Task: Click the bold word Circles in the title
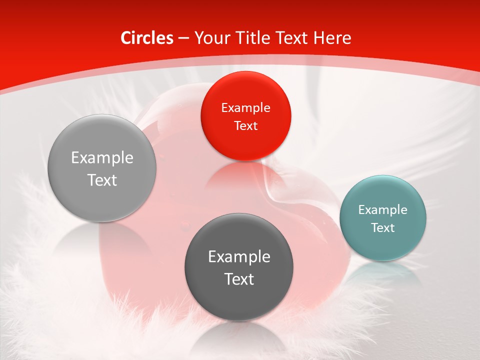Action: (146, 38)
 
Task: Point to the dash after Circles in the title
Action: (183, 38)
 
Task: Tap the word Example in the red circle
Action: (245, 107)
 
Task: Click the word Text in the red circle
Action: (245, 125)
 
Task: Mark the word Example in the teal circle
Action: (382, 210)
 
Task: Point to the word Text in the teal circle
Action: (382, 228)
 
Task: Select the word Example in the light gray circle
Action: (102, 158)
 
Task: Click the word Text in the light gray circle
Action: (102, 180)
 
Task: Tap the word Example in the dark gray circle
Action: (239, 257)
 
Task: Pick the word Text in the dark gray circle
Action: (239, 279)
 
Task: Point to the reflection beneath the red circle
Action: (245, 175)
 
